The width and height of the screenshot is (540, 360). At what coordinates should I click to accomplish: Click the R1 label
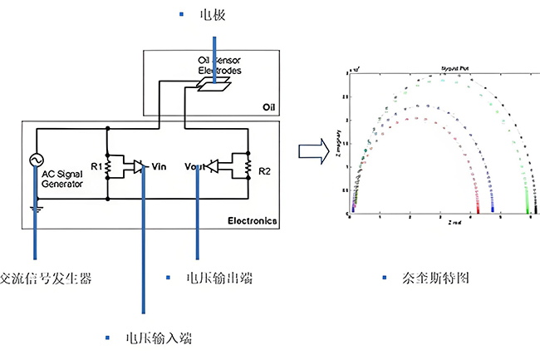tap(96, 166)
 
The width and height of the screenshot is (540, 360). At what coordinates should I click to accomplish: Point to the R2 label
tap(264, 170)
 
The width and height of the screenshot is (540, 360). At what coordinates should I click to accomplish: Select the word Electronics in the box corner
tap(252, 221)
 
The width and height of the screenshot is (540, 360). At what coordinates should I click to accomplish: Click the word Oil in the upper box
tap(268, 107)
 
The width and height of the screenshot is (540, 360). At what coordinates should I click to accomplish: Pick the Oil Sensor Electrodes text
tap(219, 66)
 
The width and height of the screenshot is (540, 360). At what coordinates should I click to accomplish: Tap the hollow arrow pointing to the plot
tap(312, 151)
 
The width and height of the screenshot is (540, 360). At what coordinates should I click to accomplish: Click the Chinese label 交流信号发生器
tap(46, 279)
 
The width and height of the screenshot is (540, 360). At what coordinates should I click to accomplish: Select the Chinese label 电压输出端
tap(218, 279)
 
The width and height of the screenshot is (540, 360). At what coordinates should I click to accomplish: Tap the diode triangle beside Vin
tap(138, 166)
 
